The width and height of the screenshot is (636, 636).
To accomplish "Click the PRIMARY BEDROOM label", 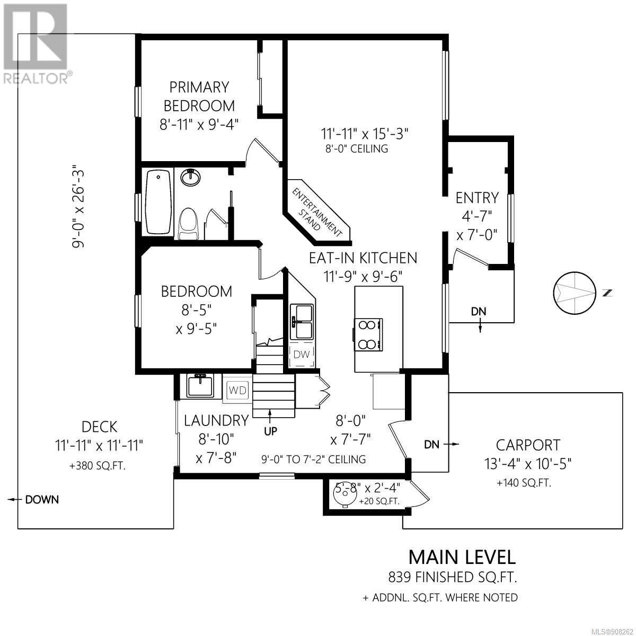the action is [199, 96].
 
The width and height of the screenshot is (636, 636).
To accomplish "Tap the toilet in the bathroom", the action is [189, 224].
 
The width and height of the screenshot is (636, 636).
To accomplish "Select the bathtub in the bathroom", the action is [158, 201].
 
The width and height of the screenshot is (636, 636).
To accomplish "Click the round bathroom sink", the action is [190, 177].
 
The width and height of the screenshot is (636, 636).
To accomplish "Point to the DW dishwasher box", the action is [302, 355].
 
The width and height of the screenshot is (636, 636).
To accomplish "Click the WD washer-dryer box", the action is [237, 391].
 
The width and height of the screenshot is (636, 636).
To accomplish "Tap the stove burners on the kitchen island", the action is [368, 334].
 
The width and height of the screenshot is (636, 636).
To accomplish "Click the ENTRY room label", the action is [477, 198].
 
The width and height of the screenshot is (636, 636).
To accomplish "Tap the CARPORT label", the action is [528, 445].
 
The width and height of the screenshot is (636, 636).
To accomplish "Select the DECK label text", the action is [99, 427].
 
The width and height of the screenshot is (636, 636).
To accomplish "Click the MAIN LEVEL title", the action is [462, 558].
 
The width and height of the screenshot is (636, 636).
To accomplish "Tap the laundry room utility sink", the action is [200, 385].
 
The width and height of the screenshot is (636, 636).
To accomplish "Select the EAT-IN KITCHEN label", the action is [363, 258].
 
